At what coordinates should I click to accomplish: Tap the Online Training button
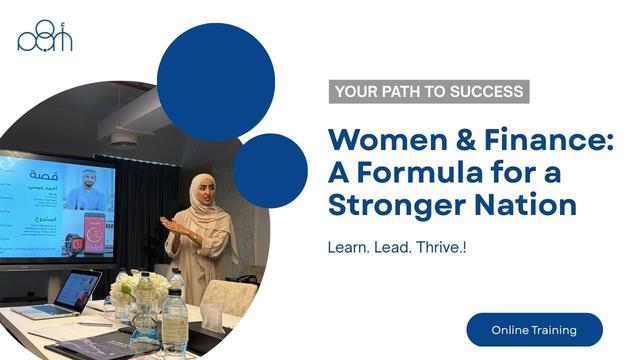point(534,329)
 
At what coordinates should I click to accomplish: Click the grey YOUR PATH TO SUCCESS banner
point(429,92)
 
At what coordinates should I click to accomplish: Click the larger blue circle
point(216,82)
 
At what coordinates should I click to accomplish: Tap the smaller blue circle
point(270,170)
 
